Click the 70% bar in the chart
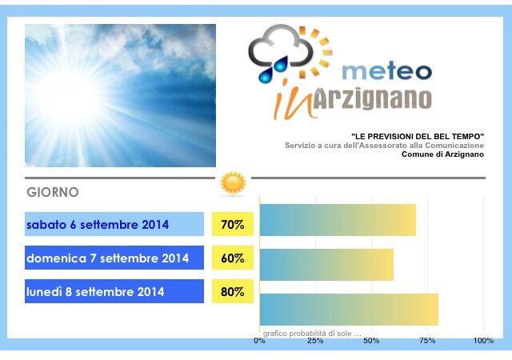(338, 220)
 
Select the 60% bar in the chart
(327, 265)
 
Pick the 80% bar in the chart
(349, 310)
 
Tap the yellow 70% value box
(233, 224)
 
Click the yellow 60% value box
(233, 258)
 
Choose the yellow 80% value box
(233, 291)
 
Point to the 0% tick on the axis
(259, 341)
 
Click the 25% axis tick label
(315, 341)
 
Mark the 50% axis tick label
(371, 341)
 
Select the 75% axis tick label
(427, 341)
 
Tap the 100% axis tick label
(483, 341)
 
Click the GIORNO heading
(53, 192)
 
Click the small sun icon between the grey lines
(233, 183)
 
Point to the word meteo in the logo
(387, 71)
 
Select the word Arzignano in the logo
(372, 98)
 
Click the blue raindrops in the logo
(274, 70)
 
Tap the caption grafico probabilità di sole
(312, 334)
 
